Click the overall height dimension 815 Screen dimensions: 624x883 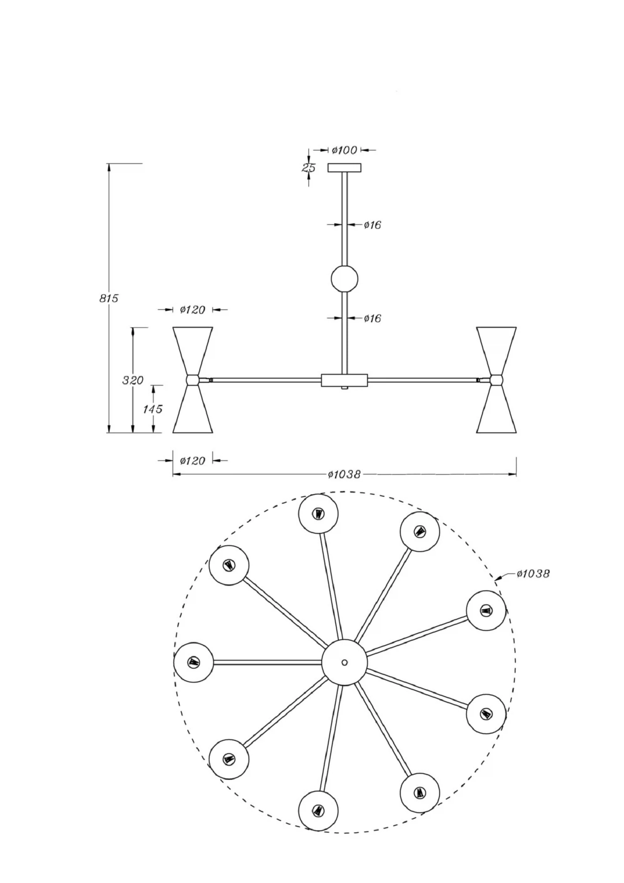point(109,298)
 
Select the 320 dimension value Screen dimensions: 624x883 point(133,380)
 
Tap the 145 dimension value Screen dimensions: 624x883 point(153,409)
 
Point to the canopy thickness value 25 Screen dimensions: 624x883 point(309,168)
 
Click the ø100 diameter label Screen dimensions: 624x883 point(345,150)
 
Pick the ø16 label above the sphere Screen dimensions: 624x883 point(373,225)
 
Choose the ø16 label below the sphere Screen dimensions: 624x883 point(373,319)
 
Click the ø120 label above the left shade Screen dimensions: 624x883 point(193,310)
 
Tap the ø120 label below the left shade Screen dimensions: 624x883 point(193,461)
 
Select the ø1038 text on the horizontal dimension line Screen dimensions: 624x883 point(344,475)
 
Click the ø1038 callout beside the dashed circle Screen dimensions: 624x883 point(533,574)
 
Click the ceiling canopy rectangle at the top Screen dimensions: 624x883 point(344,168)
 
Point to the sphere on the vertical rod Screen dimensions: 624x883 point(344,279)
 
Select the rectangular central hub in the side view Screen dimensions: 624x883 point(344,380)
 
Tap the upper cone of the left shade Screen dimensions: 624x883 point(193,351)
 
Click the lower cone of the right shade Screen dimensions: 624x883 point(496,409)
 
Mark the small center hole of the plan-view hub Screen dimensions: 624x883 point(344,662)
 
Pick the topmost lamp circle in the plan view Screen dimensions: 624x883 point(318,514)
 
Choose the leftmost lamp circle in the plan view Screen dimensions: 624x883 point(193,662)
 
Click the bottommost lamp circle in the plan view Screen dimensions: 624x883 point(318,811)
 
